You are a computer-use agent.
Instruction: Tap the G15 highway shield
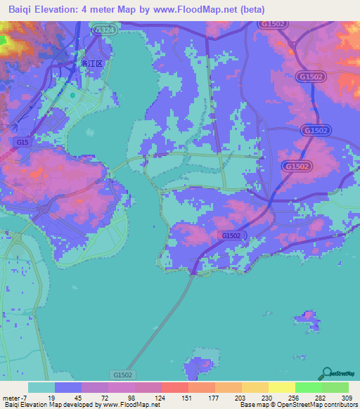pyautogui.click(x=22, y=143)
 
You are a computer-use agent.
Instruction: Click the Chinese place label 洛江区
pyautogui.click(x=91, y=63)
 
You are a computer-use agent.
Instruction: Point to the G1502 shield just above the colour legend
pyautogui.click(x=122, y=376)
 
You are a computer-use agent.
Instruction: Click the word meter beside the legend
pyautogui.click(x=12, y=398)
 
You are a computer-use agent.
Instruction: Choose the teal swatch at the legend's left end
pyautogui.click(x=41, y=387)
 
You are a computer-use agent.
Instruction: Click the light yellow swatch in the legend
pyautogui.click(x=282, y=387)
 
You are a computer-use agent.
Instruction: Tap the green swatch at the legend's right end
pyautogui.click(x=335, y=387)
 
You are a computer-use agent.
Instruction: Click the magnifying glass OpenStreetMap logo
pyautogui.click(x=326, y=374)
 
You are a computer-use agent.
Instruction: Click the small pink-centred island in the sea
pyautogui.click(x=307, y=320)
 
